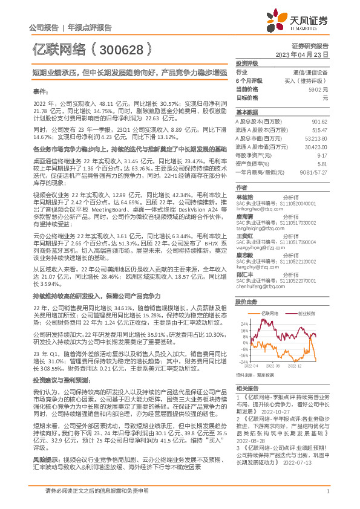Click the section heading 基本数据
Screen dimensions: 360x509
[246, 112]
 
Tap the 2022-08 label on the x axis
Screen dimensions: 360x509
[273, 366]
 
